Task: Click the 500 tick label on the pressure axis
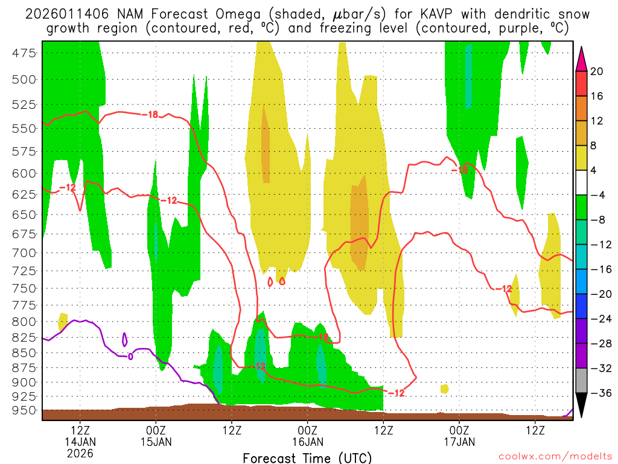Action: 24,79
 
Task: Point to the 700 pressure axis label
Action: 24,253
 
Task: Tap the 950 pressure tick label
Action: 24,411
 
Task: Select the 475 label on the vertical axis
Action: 24,53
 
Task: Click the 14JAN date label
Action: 81,442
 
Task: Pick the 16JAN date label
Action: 308,442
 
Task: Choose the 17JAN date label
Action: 459,442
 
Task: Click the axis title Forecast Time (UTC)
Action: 307,457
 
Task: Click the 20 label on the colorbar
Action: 597,71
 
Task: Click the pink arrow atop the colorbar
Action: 582,58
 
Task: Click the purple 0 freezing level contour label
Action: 130,356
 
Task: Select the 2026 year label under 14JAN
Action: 81,453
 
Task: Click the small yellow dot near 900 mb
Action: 445,388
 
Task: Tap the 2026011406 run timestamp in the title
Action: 60,14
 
